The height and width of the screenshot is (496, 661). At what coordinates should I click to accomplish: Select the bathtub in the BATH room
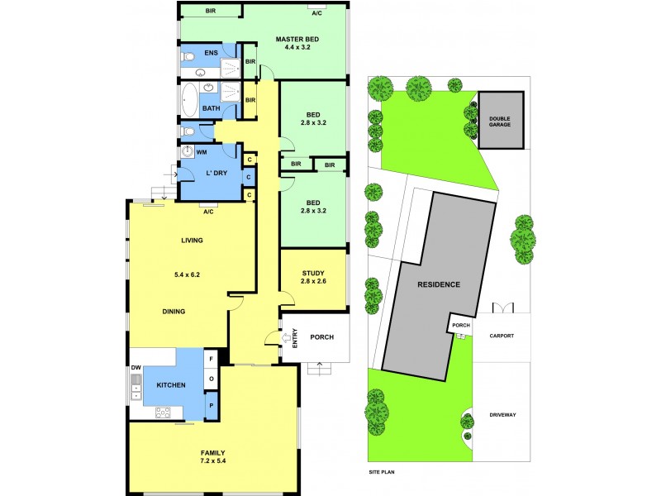pos(190,101)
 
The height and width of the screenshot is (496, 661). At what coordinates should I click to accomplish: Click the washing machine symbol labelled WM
pos(188,152)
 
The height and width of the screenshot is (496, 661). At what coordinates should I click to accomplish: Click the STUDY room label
pos(312,274)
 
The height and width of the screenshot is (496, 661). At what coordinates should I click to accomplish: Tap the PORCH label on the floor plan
pos(321,337)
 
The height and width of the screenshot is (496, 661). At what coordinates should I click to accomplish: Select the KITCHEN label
pos(171,385)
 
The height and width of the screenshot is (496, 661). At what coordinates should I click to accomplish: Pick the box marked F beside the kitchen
pos(212,359)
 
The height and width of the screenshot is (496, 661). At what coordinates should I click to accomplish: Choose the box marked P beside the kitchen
pos(212,406)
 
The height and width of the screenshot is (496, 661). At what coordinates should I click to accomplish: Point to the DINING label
pos(174,312)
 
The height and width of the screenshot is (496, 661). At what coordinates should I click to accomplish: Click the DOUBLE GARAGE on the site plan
pos(501,120)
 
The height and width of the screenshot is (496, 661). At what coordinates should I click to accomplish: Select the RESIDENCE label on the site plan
pos(438,284)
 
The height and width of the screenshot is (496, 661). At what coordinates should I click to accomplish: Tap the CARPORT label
pos(502,336)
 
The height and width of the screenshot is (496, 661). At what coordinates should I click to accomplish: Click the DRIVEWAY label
pos(502,414)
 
